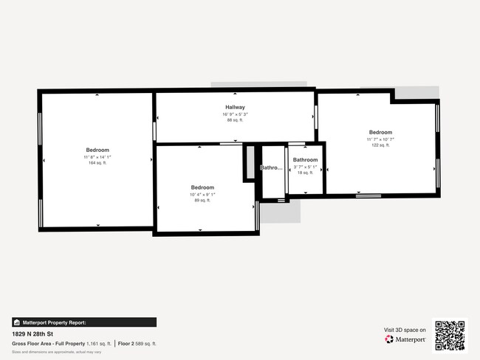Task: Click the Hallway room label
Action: [x=235, y=107]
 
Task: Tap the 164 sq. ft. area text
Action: [x=97, y=162]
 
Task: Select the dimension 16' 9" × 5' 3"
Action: [x=235, y=114]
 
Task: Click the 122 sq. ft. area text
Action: [x=380, y=145]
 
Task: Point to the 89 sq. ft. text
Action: [x=202, y=200]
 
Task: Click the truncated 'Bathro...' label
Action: [x=271, y=167]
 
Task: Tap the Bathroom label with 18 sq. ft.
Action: [x=305, y=160]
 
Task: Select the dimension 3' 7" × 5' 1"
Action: [x=305, y=167]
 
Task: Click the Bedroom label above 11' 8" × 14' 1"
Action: [x=97, y=150]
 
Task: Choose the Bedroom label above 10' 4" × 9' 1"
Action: [x=202, y=187]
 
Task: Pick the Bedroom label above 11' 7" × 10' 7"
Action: [x=380, y=133]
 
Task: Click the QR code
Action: [x=450, y=335]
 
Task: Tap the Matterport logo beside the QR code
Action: [x=405, y=339]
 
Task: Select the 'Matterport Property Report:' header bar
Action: [x=84, y=322]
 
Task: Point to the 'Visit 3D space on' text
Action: [x=405, y=330]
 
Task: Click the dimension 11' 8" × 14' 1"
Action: [x=97, y=156]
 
